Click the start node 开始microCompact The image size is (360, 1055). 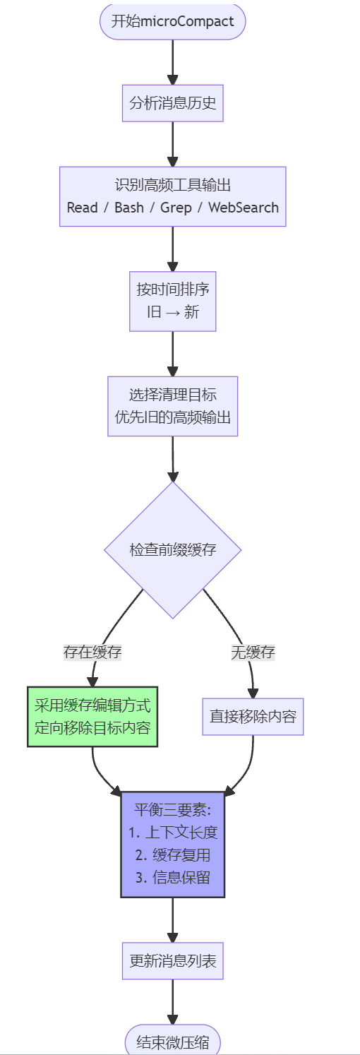[x=172, y=21]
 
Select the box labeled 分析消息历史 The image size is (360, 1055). [x=172, y=105]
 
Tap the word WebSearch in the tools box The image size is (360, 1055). [x=244, y=208]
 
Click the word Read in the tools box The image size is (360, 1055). [x=82, y=208]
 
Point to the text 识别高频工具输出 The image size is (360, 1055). [x=172, y=186]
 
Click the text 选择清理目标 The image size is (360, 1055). [x=172, y=395]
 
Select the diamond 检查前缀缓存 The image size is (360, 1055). [x=172, y=549]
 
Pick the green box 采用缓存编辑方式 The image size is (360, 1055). [x=92, y=716]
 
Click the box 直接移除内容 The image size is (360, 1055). [x=253, y=716]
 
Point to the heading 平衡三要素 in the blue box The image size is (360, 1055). [x=172, y=809]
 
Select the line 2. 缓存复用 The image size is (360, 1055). [x=172, y=855]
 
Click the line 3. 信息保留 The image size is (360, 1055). [x=172, y=878]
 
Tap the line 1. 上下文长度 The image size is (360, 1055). [x=172, y=832]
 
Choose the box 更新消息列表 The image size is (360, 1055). [x=172, y=960]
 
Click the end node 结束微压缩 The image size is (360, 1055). [x=172, y=1042]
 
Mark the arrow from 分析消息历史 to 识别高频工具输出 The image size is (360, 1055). [x=172, y=144]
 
